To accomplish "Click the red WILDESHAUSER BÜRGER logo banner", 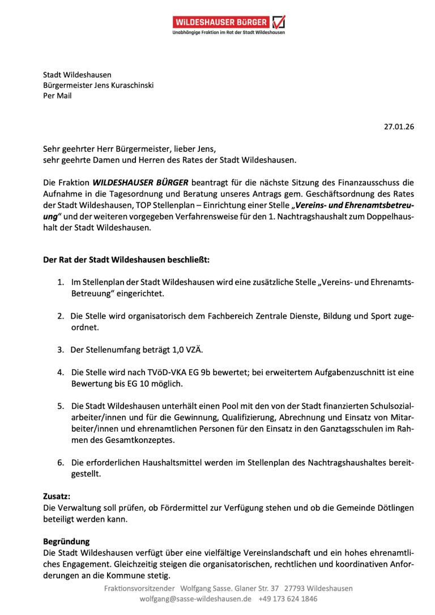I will [222, 22].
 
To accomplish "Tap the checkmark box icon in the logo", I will [279, 22].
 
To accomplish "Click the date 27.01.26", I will [399, 127].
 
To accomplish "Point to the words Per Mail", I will [57, 96].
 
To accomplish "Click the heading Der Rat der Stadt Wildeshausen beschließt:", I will [126, 260].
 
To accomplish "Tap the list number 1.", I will [60, 282].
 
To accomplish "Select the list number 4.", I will [60, 372].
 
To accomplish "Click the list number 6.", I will [60, 462].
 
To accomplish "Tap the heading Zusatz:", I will [57, 496].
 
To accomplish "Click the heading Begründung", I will [66, 541].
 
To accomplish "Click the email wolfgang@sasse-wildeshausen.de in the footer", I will [195, 598].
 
